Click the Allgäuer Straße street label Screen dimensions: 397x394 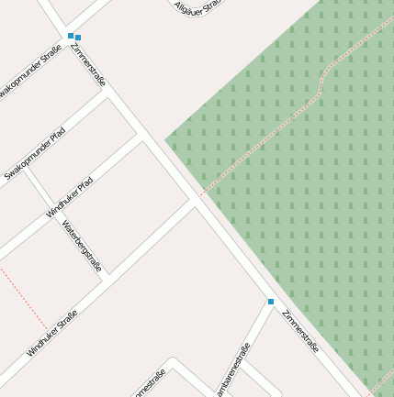(x=198, y=6)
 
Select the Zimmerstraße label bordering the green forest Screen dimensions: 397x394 (x=300, y=332)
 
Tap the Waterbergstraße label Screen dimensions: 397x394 (x=82, y=246)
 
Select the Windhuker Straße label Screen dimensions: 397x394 (x=52, y=333)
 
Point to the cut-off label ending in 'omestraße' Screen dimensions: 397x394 (x=150, y=384)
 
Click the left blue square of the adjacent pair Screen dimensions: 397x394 (x=71, y=36)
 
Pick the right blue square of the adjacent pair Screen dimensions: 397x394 (x=78, y=38)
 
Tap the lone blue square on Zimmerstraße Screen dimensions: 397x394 (x=271, y=302)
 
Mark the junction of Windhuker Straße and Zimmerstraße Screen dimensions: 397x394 (x=195, y=204)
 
